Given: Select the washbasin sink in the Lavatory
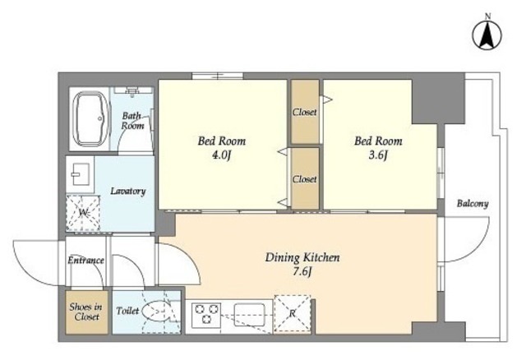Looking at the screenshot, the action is [x=80, y=173].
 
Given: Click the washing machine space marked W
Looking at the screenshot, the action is [x=83, y=213].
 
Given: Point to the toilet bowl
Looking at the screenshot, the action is [x=159, y=312].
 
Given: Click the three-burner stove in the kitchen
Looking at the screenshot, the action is [x=206, y=315].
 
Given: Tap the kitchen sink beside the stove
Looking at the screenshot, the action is [x=250, y=314].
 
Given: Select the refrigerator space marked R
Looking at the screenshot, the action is [x=293, y=314].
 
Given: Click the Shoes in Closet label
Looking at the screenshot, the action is [x=86, y=312].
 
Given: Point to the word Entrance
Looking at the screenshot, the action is [x=85, y=260].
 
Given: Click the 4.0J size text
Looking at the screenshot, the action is [x=222, y=155].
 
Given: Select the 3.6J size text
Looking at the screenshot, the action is [x=378, y=155].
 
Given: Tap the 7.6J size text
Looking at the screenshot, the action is [x=302, y=271].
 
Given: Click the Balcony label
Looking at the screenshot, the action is [x=473, y=203].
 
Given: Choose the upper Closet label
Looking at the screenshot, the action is [x=305, y=112].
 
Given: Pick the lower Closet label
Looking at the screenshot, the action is [x=305, y=179].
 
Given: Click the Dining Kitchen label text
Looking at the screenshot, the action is [x=302, y=257].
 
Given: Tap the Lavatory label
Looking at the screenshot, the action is [x=128, y=192].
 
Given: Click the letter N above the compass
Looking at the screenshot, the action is [x=488, y=16].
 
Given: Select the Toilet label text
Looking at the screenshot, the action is [x=127, y=311].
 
